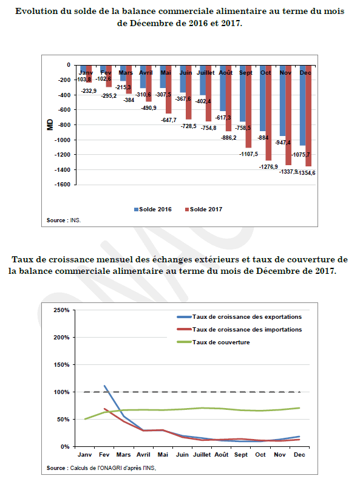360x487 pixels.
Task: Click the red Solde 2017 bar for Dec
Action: pos(308,116)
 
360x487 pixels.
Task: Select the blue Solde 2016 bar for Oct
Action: pos(263,98)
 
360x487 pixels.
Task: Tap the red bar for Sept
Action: pos(248,106)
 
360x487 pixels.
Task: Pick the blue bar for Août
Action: pos(223,89)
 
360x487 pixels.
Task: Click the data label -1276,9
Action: pos(269,167)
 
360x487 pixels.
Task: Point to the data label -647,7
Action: pos(169,120)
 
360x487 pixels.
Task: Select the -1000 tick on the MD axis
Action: pos(63,140)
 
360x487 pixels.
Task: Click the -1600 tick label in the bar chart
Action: pos(63,185)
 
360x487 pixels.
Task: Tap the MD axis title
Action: pos(50,125)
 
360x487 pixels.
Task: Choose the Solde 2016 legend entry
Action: pos(153,209)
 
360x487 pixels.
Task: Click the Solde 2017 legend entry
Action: pos(204,209)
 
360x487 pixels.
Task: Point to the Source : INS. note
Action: pos(64,220)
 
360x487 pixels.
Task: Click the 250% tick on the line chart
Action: pos(61,310)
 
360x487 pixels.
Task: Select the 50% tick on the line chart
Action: pos(63,419)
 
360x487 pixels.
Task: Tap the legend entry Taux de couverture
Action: pos(214,342)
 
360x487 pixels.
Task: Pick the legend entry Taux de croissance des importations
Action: pos(239,330)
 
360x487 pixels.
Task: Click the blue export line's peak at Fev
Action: pos(104,386)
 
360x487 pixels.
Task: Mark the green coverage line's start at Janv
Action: pos(85,419)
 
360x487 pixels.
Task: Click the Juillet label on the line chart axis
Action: pos(202,455)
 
